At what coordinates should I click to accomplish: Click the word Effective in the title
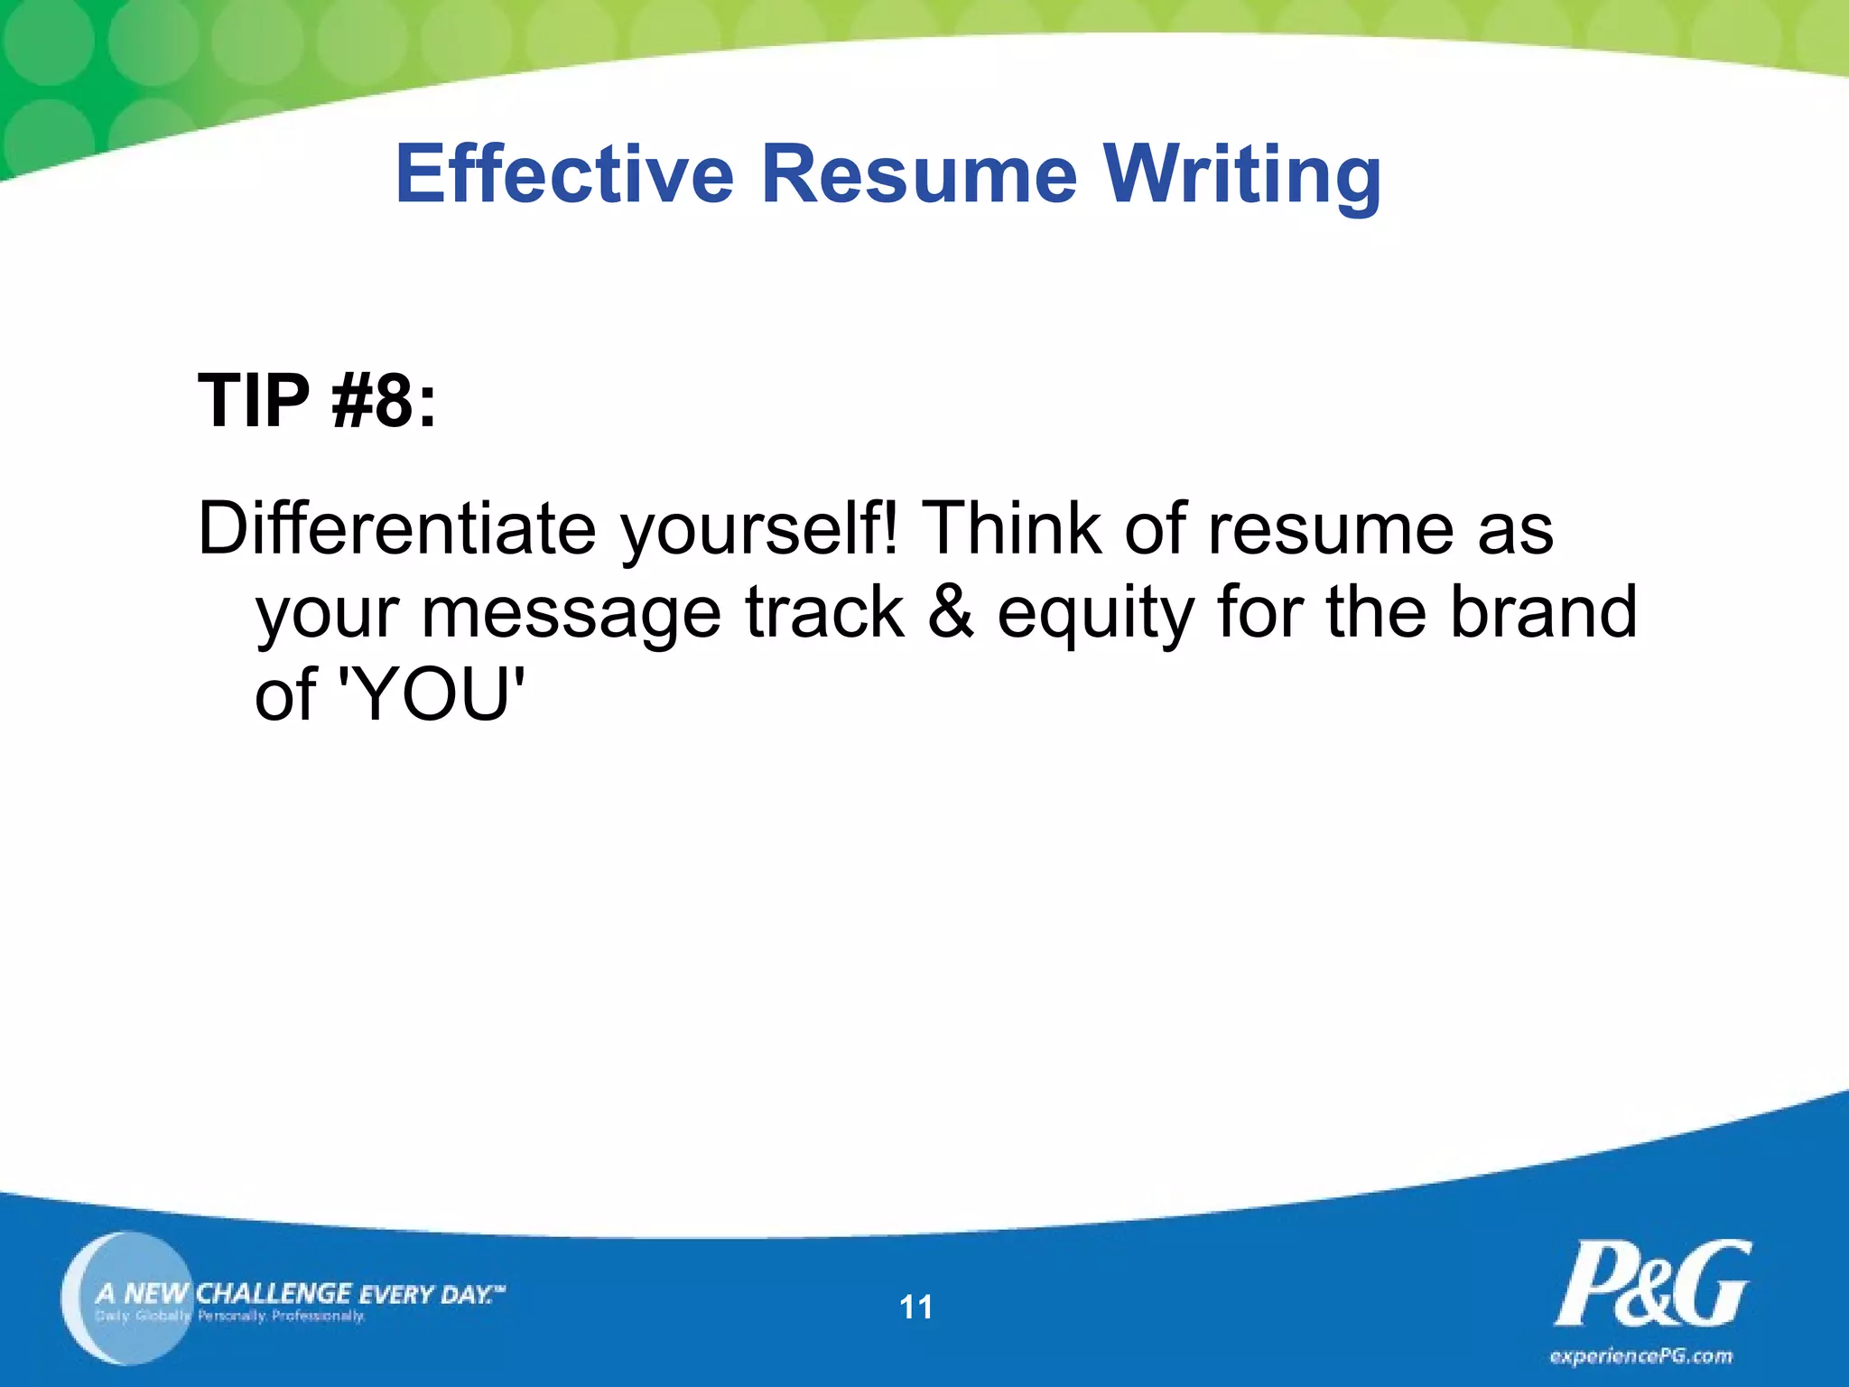pos(564,173)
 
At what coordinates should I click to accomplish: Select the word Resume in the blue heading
pos(919,173)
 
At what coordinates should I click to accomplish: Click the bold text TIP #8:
pos(317,400)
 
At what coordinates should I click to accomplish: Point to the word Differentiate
pos(397,528)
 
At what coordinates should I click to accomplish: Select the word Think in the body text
pos(1011,528)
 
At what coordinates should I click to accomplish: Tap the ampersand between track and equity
pos(951,612)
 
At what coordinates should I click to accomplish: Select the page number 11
pos(915,1307)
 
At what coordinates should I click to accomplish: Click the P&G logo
pos(1651,1284)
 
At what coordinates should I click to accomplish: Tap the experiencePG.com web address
pos(1640,1355)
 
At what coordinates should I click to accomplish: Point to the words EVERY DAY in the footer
pos(428,1294)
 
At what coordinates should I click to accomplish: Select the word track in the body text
pos(824,612)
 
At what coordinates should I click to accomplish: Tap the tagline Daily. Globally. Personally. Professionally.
pos(230,1316)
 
